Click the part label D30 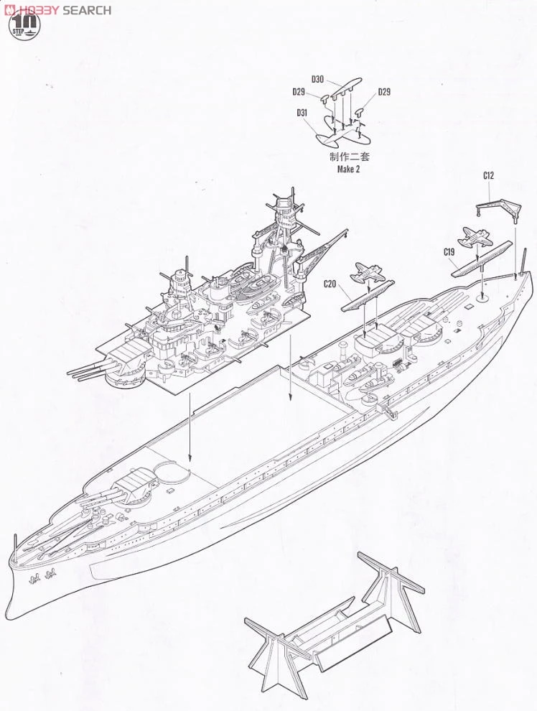point(318,79)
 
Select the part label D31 point(302,112)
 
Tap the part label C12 point(489,175)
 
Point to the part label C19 point(449,251)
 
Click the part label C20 point(330,284)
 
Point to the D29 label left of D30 point(299,91)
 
